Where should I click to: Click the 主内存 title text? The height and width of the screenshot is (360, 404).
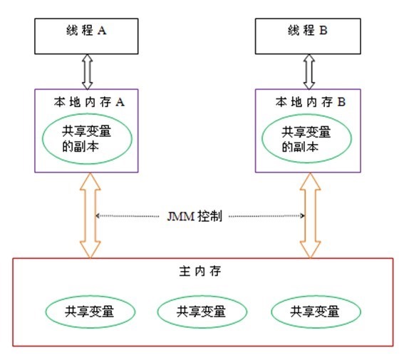pos(202,273)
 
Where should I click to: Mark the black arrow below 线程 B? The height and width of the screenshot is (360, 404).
pos(309,72)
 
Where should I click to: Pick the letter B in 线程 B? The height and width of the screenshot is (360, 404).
pos(322,34)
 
